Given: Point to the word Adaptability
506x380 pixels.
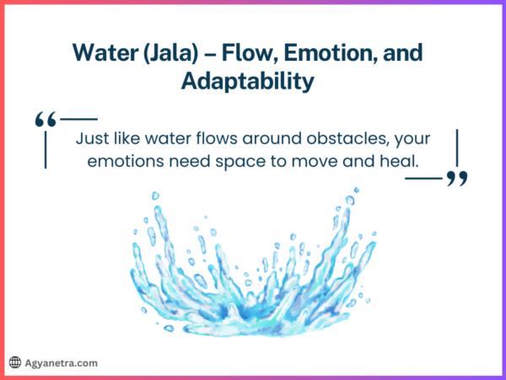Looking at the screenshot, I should point(252,82).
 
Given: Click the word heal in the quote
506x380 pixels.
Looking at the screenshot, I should point(401,160).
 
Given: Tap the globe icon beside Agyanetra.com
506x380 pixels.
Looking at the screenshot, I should point(14,362).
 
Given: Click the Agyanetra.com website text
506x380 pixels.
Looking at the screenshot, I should point(61,362).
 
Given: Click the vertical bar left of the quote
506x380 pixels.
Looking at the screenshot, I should point(45,150).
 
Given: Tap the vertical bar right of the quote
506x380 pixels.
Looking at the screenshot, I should point(456,149).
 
